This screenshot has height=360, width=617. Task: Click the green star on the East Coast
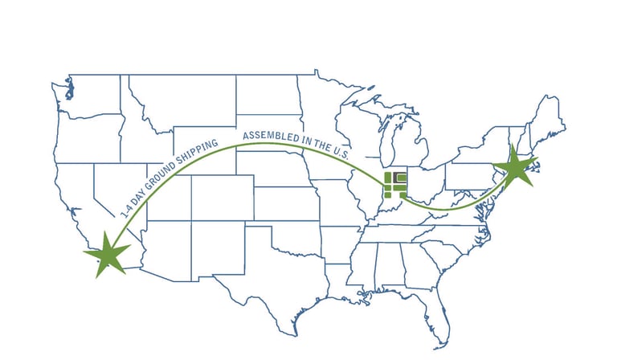pyautogui.click(x=513, y=170)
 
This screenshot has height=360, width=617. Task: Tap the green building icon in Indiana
pyautogui.click(x=395, y=183)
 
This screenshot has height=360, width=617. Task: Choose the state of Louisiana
pyautogui.click(x=347, y=286)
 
